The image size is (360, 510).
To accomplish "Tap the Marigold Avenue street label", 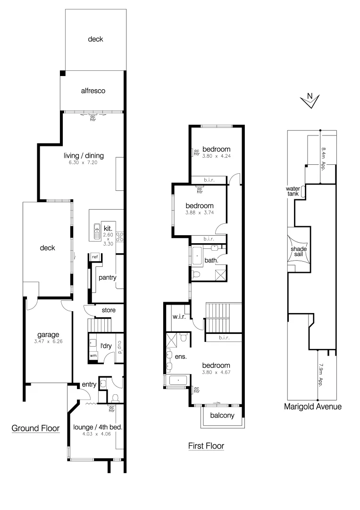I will coord(312,406).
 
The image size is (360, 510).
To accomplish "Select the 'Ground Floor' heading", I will coord(35,428).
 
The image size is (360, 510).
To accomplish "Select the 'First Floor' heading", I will coord(206,445).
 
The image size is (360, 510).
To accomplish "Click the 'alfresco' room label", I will coord(92,90).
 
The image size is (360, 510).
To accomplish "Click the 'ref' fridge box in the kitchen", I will coord(95,257).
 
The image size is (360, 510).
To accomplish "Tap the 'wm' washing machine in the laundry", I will coord(93,355).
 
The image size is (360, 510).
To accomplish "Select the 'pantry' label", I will coord(107,278).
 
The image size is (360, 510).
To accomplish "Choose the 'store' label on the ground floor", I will coord(109,310).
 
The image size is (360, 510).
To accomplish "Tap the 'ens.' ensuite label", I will coord(180,357).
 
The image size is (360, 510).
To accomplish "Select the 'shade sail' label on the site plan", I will coord(299,252).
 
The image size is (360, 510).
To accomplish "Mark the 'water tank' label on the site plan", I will coord(293,191).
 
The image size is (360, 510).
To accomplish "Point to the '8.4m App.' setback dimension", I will coord(324,158).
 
